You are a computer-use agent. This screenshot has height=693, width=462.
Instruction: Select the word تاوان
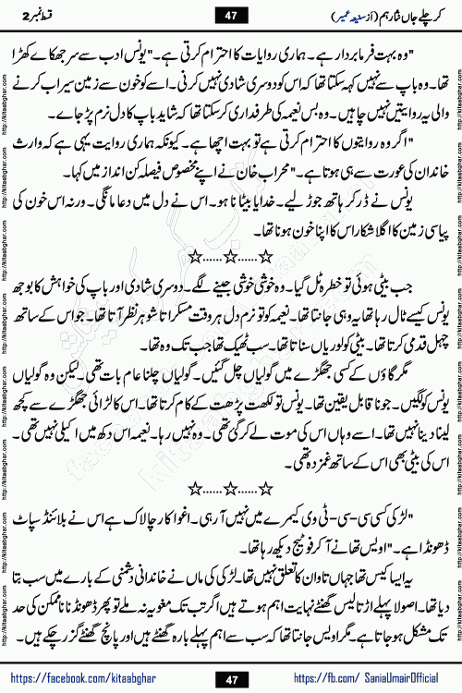pos(322,587)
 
